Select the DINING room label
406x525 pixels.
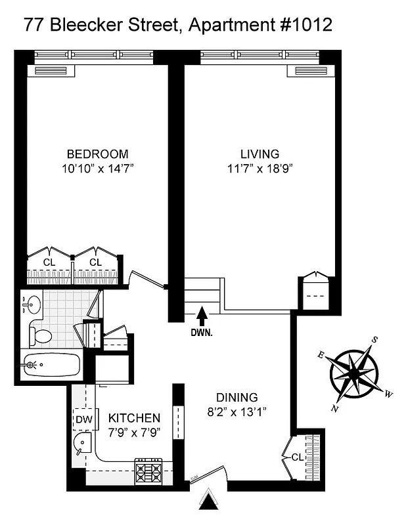[237, 398]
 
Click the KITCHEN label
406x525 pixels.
[134, 418]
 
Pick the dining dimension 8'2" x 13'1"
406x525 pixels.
[237, 412]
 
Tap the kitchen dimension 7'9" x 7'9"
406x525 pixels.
[134, 432]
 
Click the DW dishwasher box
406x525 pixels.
[83, 419]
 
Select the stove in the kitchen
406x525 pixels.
[149, 471]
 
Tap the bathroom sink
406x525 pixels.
[32, 305]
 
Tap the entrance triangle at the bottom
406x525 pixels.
[208, 502]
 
